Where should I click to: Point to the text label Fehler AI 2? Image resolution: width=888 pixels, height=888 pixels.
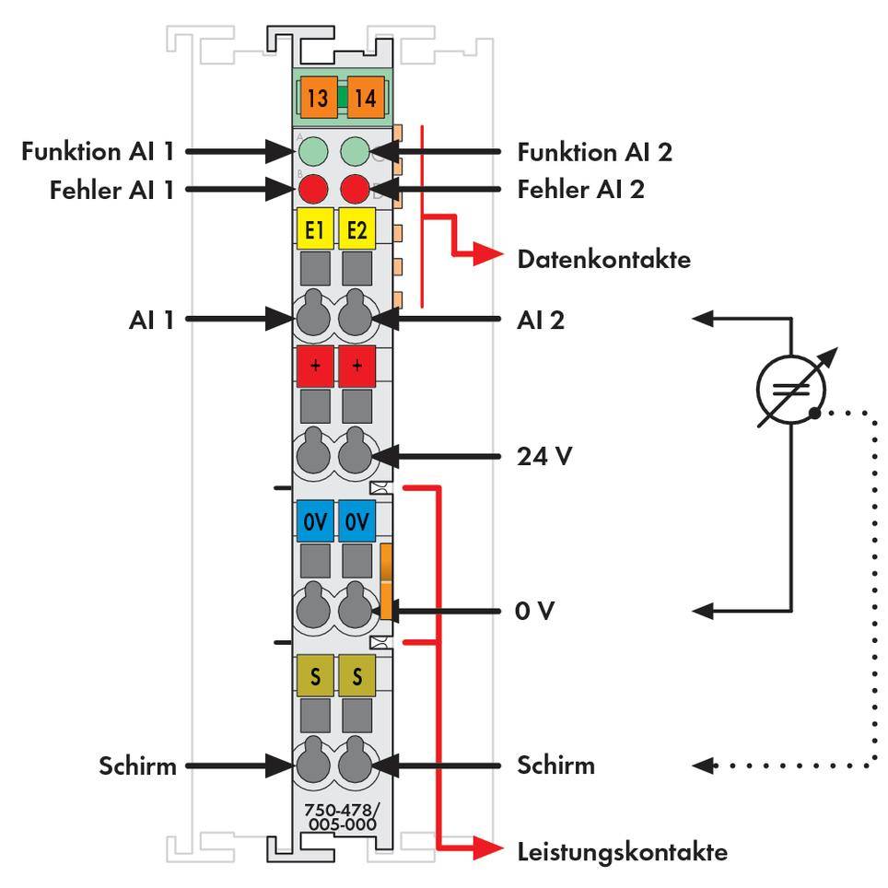pyautogui.click(x=580, y=190)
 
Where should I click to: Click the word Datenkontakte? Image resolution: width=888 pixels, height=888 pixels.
pyautogui.click(x=603, y=259)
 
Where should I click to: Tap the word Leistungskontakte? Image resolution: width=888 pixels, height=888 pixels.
pyautogui.click(x=623, y=851)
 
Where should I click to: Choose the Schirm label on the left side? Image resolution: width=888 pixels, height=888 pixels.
pyautogui.click(x=137, y=765)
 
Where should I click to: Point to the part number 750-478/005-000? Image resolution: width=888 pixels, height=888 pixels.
pyautogui.click(x=341, y=817)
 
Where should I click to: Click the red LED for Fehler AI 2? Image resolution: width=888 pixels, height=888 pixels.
pyautogui.click(x=356, y=191)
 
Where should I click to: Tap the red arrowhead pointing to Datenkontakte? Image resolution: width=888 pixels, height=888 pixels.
pyautogui.click(x=486, y=258)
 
